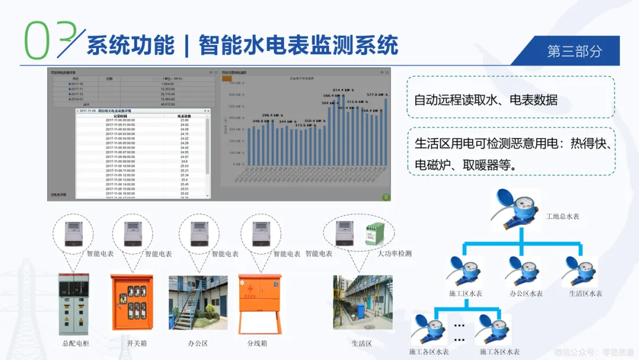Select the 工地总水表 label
pyautogui.click(x=562, y=216)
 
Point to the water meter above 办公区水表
pyautogui.click(x=521, y=271)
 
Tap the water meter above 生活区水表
pyautogui.click(x=580, y=271)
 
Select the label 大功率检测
pyautogui.click(x=394, y=253)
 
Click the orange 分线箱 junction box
pyautogui.click(x=259, y=303)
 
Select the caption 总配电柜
pyautogui.click(x=75, y=343)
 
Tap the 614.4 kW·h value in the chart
pyautogui.click(x=344, y=89)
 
